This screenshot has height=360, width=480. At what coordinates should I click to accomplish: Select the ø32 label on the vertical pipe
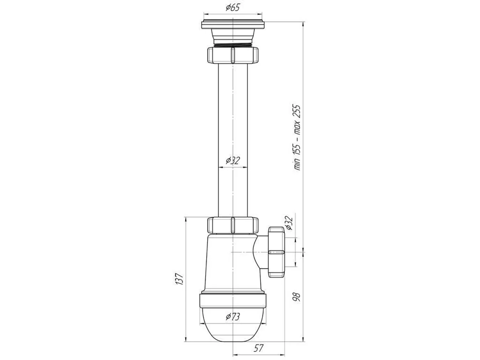(232, 161)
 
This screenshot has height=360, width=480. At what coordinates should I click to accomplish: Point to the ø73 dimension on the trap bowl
(232, 316)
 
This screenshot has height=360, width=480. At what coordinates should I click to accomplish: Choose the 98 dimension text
(297, 297)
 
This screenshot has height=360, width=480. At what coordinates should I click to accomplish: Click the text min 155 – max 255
(297, 137)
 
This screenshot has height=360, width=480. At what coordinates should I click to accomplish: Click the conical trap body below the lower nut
(228, 264)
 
